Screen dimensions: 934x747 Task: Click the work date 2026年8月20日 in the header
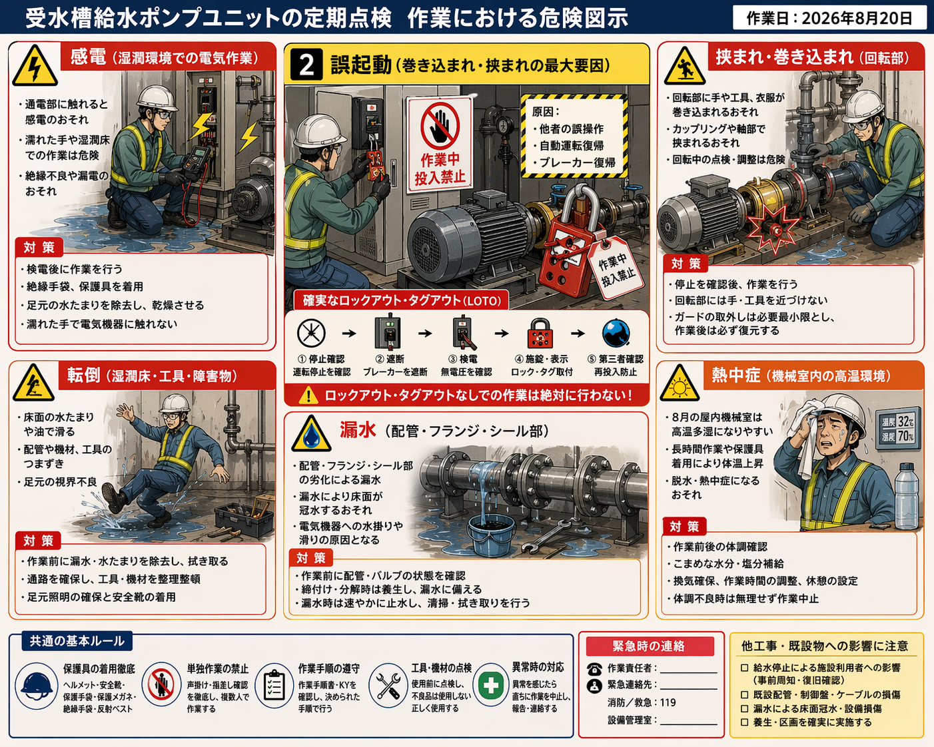click(857, 18)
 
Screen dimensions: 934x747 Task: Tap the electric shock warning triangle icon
click(35, 65)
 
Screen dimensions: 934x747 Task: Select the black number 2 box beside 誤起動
click(306, 65)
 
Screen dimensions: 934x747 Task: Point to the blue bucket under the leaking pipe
click(491, 536)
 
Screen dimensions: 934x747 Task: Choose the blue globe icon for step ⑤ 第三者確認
click(616, 333)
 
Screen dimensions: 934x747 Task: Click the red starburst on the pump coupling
click(773, 228)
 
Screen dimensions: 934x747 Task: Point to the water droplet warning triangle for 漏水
click(311, 434)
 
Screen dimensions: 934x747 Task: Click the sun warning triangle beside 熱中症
click(680, 383)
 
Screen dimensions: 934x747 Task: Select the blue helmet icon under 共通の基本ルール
click(37, 686)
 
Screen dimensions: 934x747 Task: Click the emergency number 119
click(668, 702)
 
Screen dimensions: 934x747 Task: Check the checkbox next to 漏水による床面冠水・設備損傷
click(744, 708)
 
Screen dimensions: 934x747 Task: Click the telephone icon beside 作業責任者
click(594, 669)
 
